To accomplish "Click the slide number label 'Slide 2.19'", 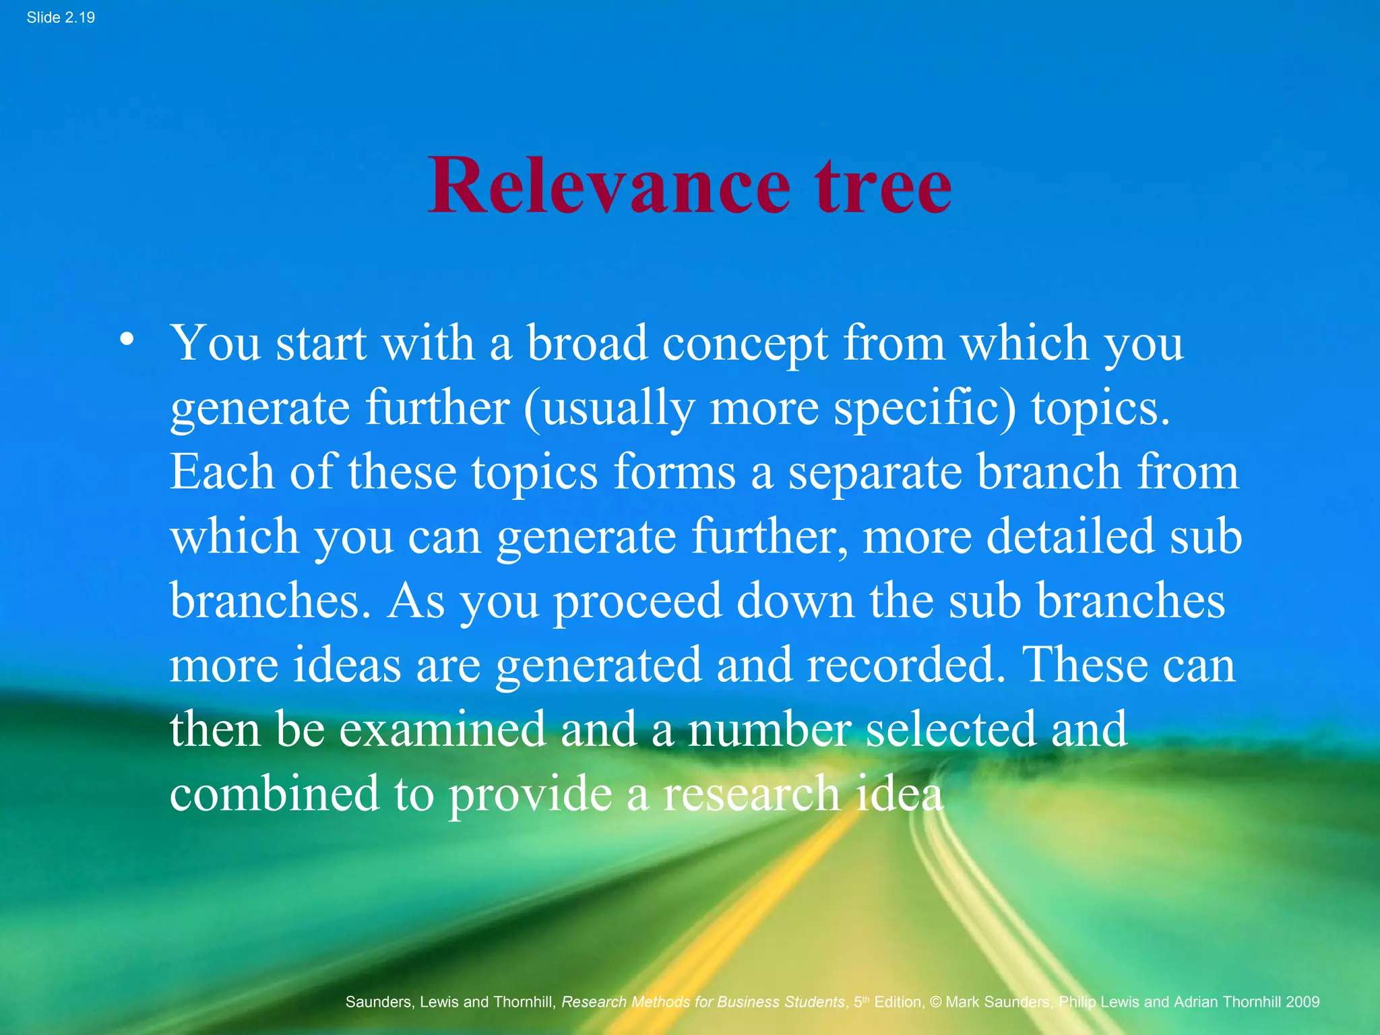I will point(61,18).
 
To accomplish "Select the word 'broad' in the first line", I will point(587,343).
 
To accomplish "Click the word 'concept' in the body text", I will point(745,344).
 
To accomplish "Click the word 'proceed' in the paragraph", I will point(637,601).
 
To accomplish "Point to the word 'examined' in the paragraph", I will point(441,729).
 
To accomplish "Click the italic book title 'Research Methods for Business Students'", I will point(703,1002).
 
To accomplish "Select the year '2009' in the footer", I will point(1302,1002).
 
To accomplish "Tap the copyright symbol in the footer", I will point(935,1002).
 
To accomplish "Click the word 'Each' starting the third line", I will point(222,472).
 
